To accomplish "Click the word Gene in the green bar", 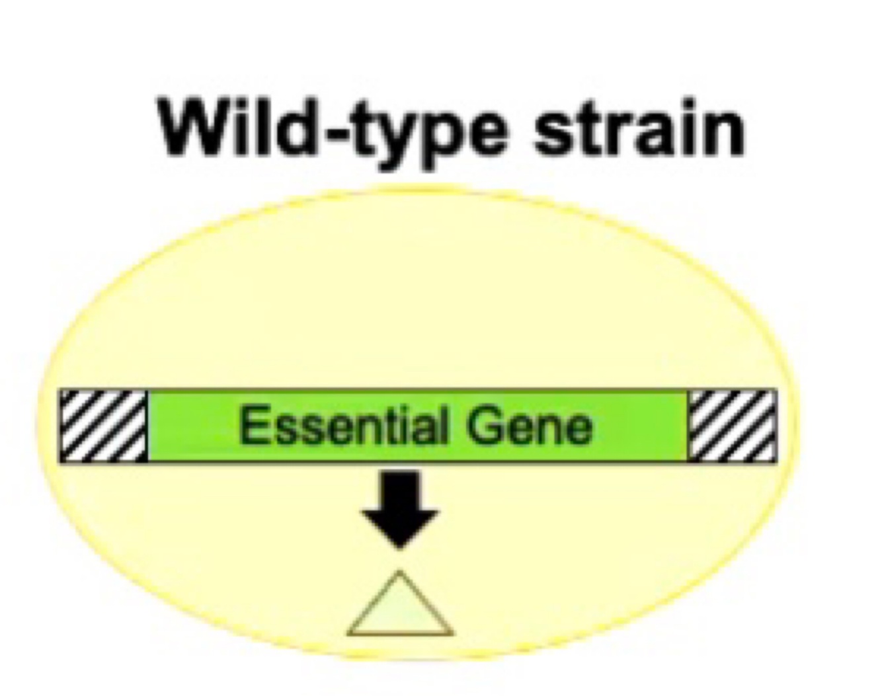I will point(529,426).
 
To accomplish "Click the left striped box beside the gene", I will point(103,426).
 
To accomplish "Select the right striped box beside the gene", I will point(732,426).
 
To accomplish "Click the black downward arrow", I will point(400,506).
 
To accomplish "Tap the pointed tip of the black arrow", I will point(400,547).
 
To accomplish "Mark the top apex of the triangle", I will point(400,572).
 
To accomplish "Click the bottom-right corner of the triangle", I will point(452,633).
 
